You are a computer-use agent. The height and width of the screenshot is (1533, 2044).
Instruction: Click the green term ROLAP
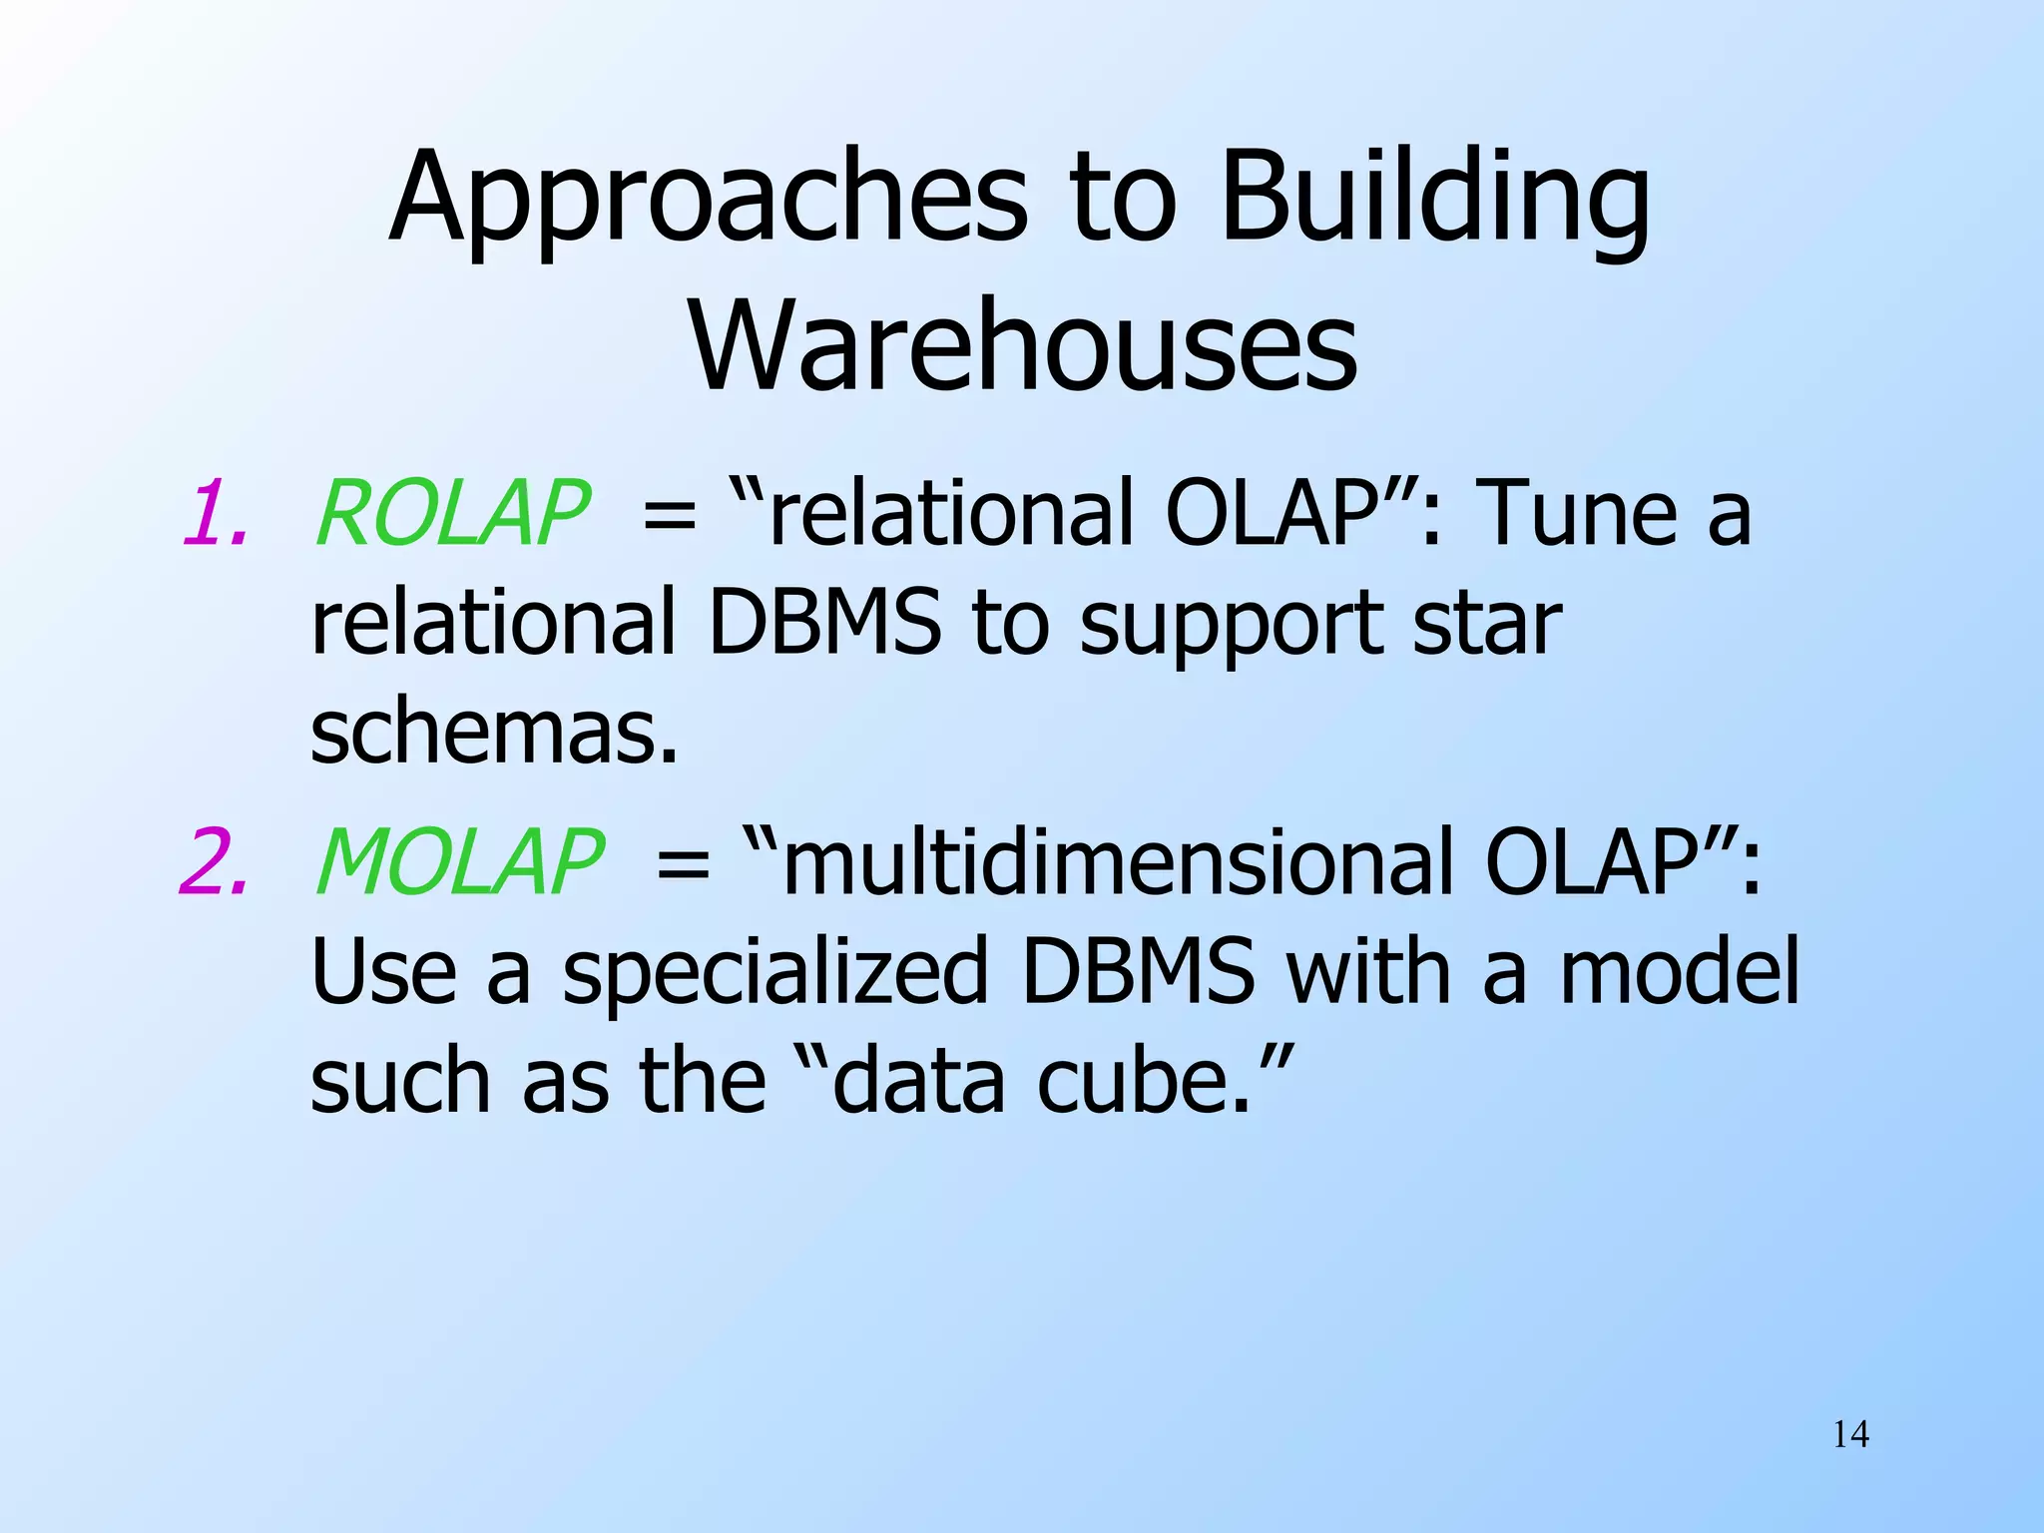coord(452,514)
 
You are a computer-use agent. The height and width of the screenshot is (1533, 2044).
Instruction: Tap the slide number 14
coord(1850,1435)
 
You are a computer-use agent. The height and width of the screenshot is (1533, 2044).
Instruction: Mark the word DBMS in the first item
coord(824,624)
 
